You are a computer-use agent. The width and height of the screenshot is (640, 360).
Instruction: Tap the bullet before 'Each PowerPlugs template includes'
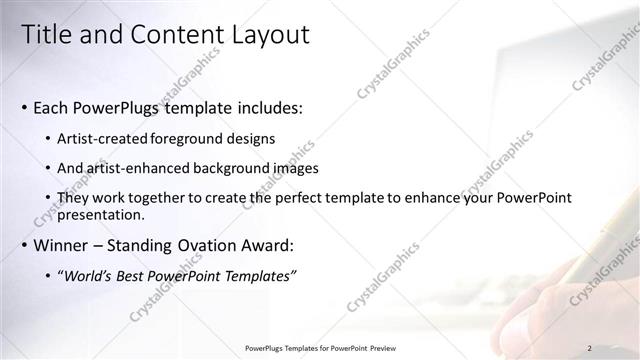[24, 107]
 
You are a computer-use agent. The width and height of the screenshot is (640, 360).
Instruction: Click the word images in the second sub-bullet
[290, 168]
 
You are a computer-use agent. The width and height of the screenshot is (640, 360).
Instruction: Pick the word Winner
[62, 244]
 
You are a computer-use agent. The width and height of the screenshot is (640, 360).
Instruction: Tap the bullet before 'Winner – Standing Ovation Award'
[24, 244]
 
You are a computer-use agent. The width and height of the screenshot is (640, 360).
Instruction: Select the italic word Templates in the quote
[259, 276]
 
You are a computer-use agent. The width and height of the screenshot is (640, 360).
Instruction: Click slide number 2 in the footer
[590, 347]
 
